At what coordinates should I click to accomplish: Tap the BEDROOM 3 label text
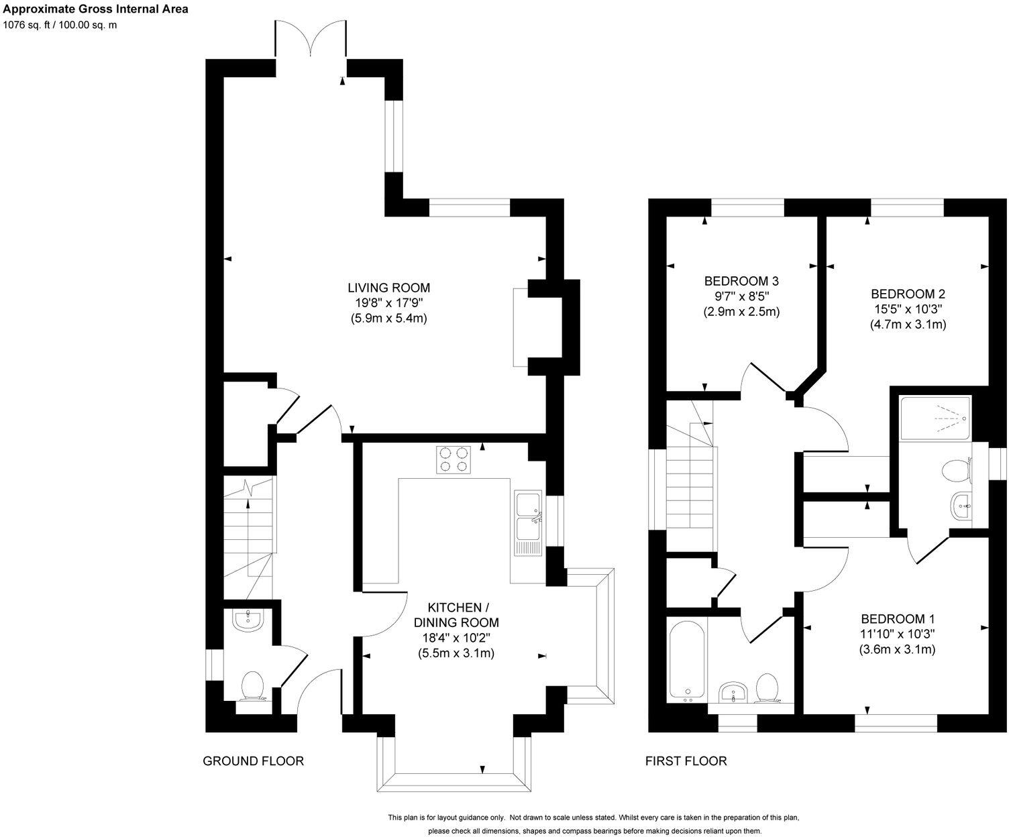coord(741,280)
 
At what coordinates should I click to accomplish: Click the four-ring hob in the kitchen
coord(453,460)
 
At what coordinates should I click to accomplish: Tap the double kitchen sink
coord(528,522)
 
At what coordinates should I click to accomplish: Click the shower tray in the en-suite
coord(935,418)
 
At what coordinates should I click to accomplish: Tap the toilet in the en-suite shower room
coord(955,470)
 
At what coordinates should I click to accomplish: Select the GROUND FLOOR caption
coord(253,761)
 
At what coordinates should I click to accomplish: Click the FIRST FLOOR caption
coord(686,761)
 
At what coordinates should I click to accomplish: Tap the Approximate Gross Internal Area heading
coord(95,9)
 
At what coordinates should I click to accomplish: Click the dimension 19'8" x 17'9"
coord(388,303)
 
